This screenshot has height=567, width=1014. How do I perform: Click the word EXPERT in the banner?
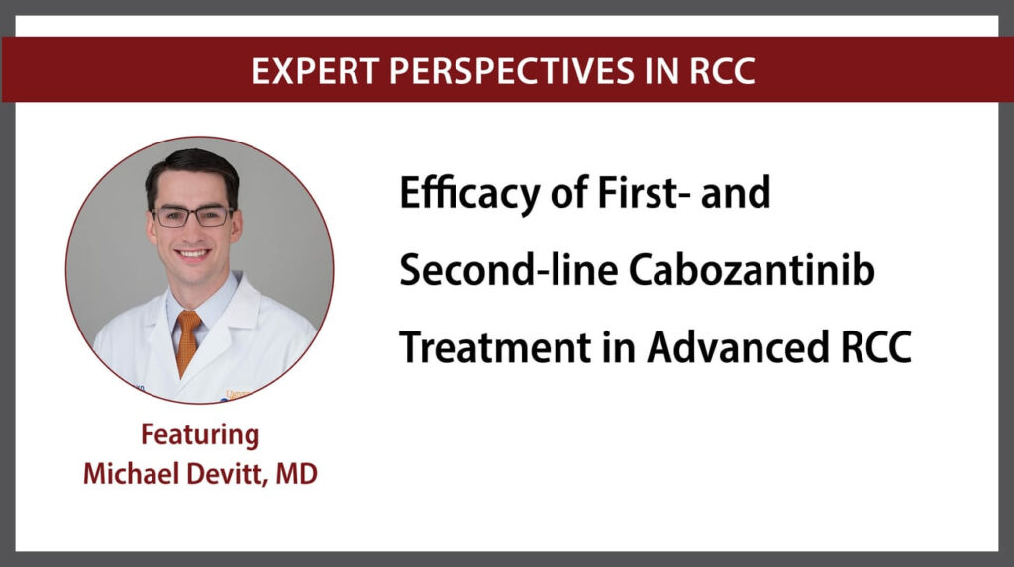(x=315, y=70)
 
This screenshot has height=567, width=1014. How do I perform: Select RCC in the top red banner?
(x=722, y=70)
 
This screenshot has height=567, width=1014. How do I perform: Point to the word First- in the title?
(x=640, y=192)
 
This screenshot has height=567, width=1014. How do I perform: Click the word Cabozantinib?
(x=752, y=269)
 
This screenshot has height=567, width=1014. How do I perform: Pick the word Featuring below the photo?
(x=200, y=435)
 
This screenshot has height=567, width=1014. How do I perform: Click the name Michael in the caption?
(x=132, y=474)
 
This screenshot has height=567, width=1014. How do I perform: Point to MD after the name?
(x=296, y=474)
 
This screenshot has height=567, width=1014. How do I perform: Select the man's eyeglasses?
(x=193, y=216)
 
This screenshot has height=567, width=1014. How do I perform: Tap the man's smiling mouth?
(x=193, y=253)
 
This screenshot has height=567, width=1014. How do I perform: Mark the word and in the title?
(x=736, y=192)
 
